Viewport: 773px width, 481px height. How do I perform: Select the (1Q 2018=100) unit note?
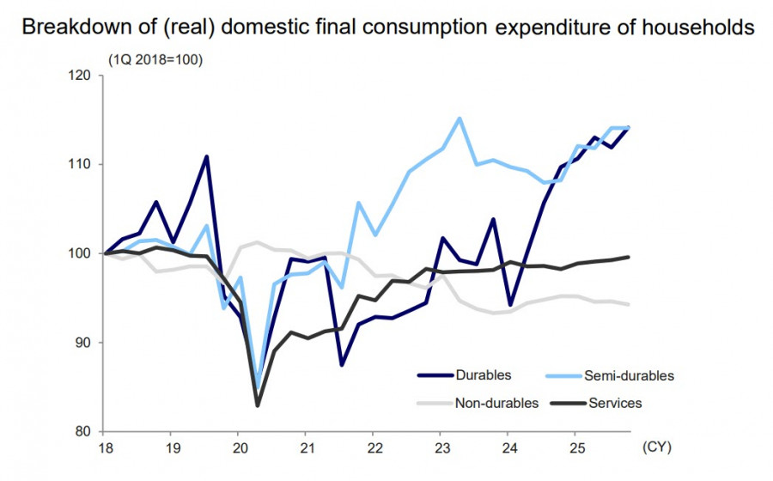tap(155, 59)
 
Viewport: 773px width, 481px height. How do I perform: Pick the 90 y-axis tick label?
tap(82, 342)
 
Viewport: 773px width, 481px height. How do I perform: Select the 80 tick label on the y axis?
tap(82, 431)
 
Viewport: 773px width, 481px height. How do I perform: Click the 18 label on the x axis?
tap(105, 448)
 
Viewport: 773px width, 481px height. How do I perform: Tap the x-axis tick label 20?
tap(238, 448)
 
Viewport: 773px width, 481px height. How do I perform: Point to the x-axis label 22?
tap(374, 448)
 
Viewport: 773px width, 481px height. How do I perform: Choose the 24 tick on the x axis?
tap(508, 448)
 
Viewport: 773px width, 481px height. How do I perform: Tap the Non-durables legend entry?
tap(497, 402)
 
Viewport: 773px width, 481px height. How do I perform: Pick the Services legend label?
tap(615, 402)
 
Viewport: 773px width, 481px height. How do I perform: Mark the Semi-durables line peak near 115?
tap(460, 119)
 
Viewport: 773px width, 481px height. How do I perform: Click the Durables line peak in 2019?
tap(207, 156)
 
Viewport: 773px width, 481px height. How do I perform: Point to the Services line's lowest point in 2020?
tap(257, 405)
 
